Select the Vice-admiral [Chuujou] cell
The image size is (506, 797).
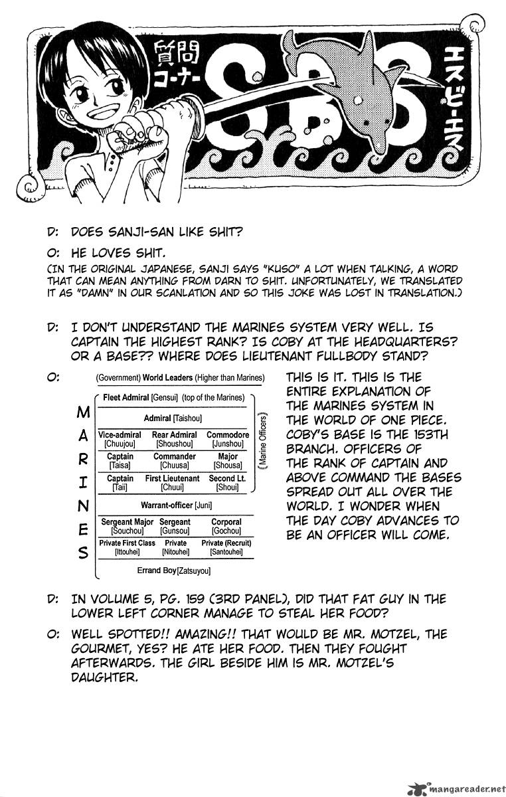click(x=120, y=439)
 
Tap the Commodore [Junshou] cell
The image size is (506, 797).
click(x=228, y=439)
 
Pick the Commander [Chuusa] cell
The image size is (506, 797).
click(x=175, y=461)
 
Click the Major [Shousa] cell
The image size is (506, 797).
click(x=228, y=461)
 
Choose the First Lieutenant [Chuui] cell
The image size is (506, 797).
click(x=172, y=483)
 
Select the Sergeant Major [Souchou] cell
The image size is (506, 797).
click(x=127, y=527)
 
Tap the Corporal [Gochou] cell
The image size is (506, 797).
click(x=226, y=527)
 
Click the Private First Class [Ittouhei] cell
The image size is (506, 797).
click(x=127, y=547)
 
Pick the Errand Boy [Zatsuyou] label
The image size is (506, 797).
click(x=175, y=570)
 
